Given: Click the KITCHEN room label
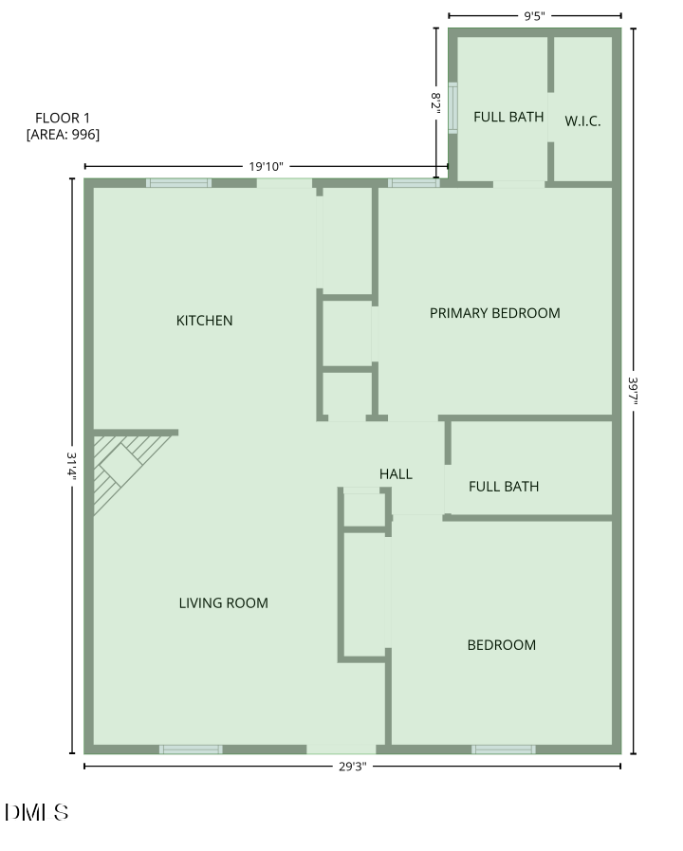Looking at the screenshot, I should coord(204,321).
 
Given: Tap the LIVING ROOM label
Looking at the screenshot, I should coord(223,602).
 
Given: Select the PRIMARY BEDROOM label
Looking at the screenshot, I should coord(494,313).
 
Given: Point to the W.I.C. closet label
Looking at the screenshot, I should coord(582,120).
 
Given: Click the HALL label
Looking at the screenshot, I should coord(396,473).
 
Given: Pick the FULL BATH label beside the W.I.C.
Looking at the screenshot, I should coord(508,118).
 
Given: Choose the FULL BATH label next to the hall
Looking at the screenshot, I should coord(504,487).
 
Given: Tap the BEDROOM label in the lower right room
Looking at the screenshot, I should coord(501,645).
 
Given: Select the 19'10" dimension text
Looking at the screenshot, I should coord(266,167).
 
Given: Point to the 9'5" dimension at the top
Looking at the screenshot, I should coord(534,16).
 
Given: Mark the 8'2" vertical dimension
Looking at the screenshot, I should coord(436,102).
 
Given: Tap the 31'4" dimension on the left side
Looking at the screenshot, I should coord(71,465).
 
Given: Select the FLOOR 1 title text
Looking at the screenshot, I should coord(63,118).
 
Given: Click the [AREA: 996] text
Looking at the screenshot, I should coord(63,135).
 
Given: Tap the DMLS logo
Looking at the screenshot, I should coord(36,812).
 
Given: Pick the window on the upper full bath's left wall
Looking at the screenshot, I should coord(452,107).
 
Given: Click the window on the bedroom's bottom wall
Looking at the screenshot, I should coord(504,749).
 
